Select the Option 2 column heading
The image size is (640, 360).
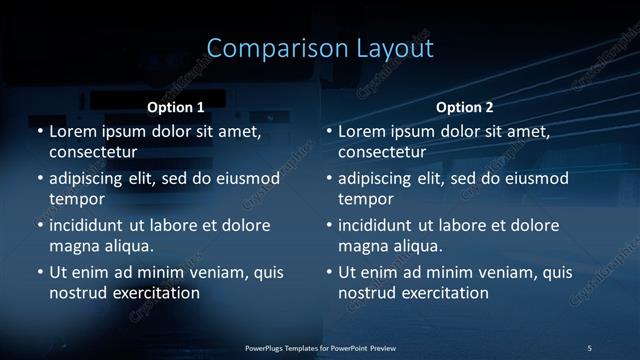[x=465, y=106]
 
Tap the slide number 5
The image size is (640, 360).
[x=589, y=347]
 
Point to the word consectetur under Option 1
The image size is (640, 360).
[x=93, y=152]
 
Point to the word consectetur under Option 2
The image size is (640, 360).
[x=382, y=152]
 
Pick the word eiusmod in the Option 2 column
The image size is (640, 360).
[x=536, y=179]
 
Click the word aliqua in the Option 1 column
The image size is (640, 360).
[x=127, y=245]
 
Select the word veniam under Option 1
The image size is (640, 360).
[x=212, y=272]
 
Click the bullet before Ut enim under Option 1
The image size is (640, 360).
[x=39, y=272]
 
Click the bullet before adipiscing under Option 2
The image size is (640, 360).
[x=328, y=179]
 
